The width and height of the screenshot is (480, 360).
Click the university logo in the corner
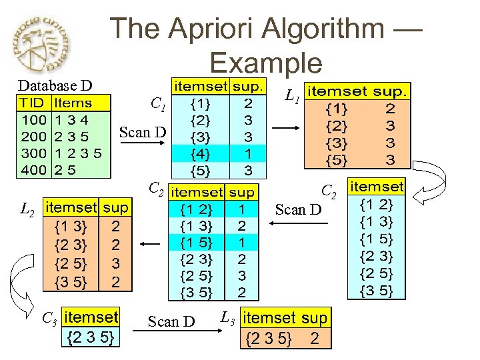coord(45,45)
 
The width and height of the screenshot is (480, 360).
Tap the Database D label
coord(55,85)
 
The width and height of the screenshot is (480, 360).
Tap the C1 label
coord(158,103)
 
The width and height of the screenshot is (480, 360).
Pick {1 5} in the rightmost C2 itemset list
coord(377,238)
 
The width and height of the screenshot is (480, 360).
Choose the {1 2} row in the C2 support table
coord(197,209)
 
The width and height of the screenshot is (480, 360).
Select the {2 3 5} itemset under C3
coord(91,338)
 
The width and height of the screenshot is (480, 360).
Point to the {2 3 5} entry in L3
coord(270,339)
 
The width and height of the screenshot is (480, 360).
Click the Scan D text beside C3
coord(172,321)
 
